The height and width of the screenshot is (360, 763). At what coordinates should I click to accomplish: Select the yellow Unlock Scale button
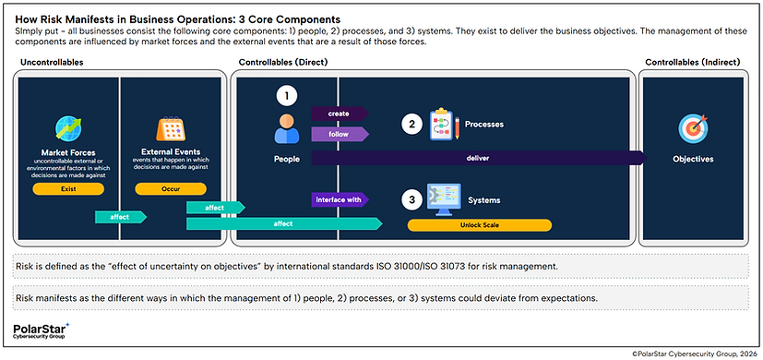(x=480, y=224)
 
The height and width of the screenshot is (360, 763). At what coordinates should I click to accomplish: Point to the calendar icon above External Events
(x=170, y=127)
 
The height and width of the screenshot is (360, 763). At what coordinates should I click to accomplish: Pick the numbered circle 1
(x=288, y=95)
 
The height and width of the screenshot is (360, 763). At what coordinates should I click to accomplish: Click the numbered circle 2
(x=413, y=123)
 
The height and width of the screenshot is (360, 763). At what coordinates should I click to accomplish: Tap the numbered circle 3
(x=413, y=198)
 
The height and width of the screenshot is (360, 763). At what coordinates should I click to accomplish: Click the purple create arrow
(x=339, y=113)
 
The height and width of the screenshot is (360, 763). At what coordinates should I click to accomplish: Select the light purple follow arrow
(x=339, y=135)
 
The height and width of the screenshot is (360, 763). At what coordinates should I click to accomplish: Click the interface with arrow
(x=339, y=198)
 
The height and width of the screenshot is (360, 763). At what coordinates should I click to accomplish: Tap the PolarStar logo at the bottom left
(x=42, y=330)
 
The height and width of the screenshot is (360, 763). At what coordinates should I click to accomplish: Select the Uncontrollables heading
(x=45, y=62)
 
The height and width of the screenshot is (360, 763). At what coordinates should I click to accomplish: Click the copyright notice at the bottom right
(x=682, y=353)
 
